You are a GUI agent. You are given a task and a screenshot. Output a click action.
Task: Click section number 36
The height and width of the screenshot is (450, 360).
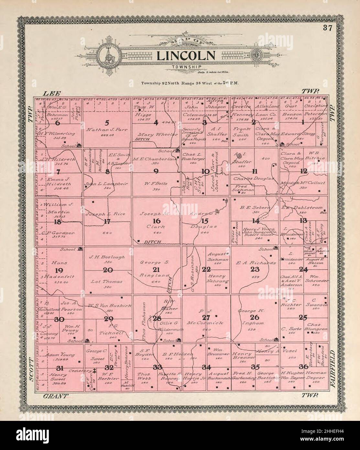point(303,366)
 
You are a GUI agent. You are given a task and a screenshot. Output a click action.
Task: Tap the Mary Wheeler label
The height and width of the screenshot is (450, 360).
point(158,134)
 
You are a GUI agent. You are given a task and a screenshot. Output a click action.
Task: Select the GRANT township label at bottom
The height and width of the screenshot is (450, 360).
point(56,396)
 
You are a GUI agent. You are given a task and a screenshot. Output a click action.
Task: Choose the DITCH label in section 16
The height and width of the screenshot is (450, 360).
point(150,242)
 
